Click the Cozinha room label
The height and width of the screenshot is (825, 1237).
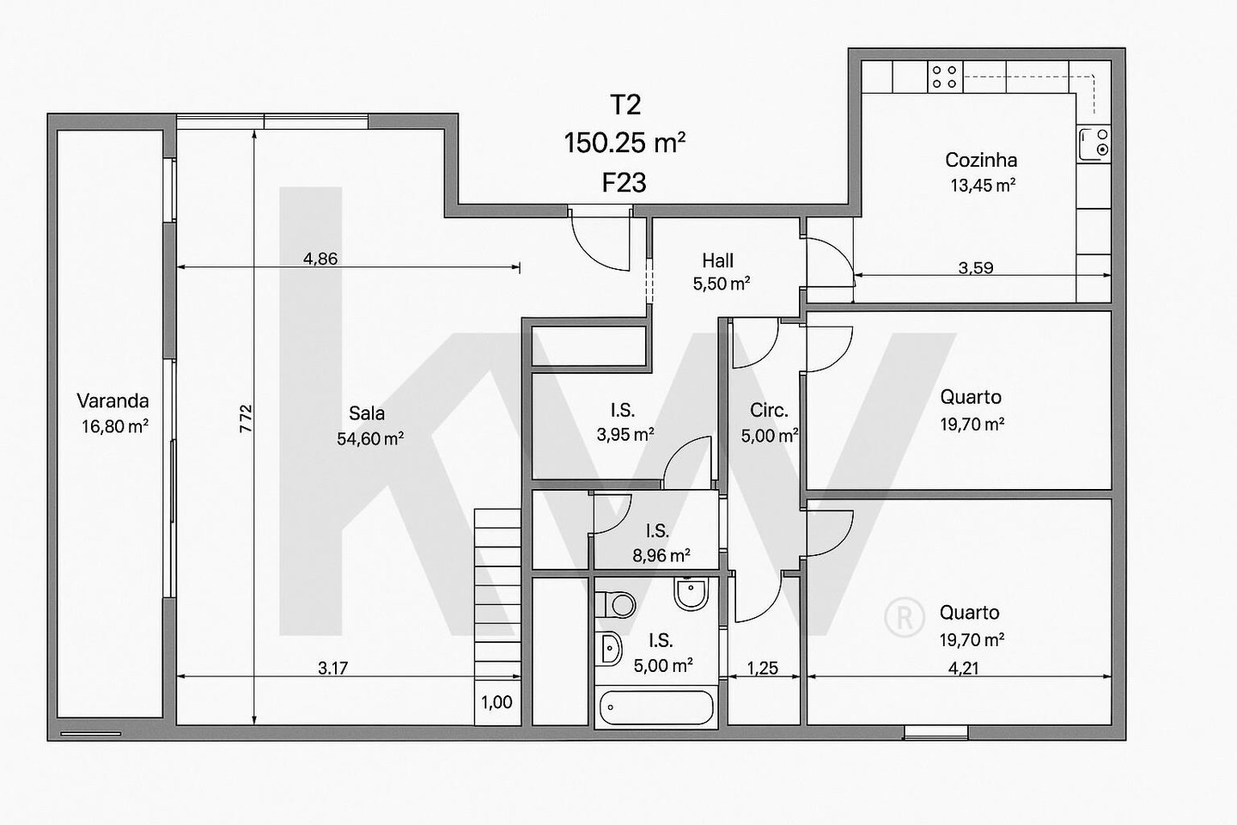point(981,160)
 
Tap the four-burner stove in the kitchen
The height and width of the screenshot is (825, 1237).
point(944,76)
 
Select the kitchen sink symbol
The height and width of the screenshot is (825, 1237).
point(1094,144)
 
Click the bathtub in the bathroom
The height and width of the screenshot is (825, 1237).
point(656,706)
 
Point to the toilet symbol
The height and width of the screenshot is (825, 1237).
point(616,604)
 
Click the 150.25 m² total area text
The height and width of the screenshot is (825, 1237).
point(625,144)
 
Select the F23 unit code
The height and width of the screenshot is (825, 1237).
point(624,183)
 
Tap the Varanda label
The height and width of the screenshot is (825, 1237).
point(113,400)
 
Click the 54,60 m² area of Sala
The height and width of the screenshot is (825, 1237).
point(370,439)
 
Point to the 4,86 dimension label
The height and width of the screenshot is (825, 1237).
point(320,259)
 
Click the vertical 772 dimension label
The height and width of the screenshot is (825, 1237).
point(246,419)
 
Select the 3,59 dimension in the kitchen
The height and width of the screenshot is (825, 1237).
point(976,267)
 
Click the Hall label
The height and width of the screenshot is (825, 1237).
point(718,260)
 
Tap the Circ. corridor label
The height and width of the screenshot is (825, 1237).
point(769,411)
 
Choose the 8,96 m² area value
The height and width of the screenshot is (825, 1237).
point(661,555)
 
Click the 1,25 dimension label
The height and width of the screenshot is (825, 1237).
point(763,669)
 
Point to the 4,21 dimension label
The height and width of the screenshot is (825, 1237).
point(964,669)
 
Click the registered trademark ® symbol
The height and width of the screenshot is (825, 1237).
point(905,617)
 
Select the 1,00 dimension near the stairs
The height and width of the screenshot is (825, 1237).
point(497,702)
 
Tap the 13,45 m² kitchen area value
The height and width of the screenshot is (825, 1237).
point(983,185)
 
